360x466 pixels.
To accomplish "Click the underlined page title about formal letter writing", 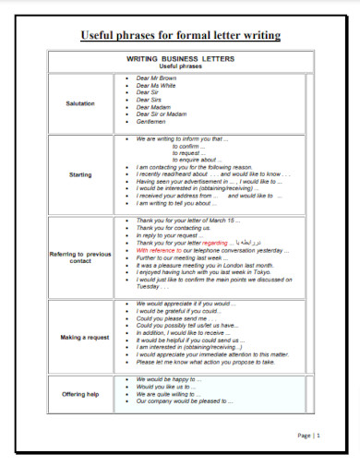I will point(180,36).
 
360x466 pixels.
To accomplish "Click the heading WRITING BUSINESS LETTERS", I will point(181,59).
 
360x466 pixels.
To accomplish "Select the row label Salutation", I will point(80,103).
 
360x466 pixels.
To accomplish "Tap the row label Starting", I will point(80,173).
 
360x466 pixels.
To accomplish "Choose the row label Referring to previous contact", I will point(80,257).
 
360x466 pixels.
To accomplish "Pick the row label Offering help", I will point(80,394).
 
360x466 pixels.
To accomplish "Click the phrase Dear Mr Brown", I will point(156,78).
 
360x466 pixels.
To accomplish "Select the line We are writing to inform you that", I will point(181,138).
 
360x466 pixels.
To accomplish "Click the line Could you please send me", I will point(172,317).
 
